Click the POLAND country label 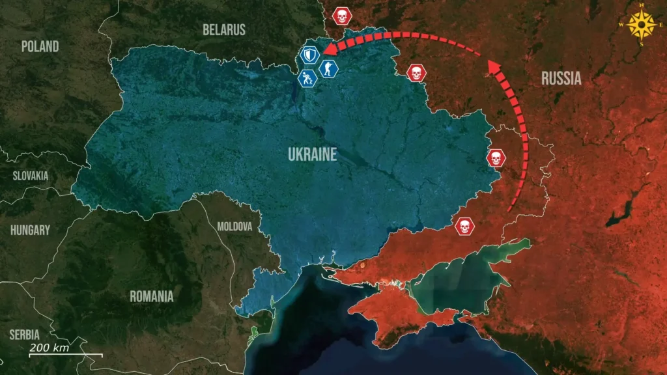tap(40, 46)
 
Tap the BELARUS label tap(224, 29)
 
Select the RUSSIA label tap(561, 79)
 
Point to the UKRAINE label tap(313, 154)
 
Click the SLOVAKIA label tap(31, 176)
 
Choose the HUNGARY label tap(30, 230)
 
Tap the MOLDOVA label tap(234, 227)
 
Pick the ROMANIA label tap(152, 296)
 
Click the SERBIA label tap(24, 335)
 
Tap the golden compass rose tap(643, 25)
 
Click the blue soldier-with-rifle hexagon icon tap(327, 68)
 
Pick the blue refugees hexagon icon tap(307, 79)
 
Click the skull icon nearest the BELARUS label tap(340, 16)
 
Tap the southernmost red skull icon tap(464, 227)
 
